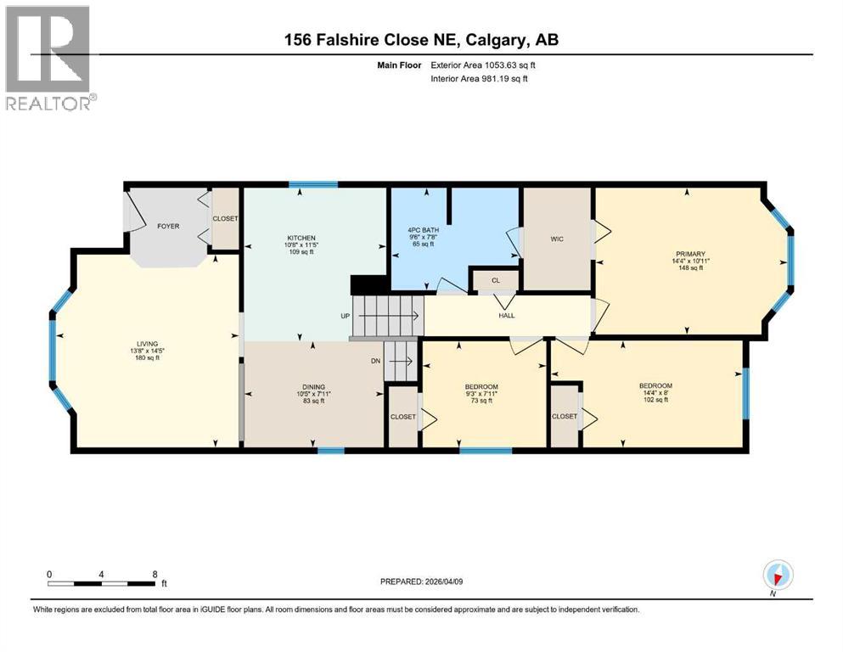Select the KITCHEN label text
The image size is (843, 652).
tap(301, 238)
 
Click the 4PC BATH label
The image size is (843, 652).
tap(422, 228)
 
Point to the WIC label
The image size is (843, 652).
tap(556, 239)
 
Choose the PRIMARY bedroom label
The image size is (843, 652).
tap(690, 253)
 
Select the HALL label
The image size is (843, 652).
tap(506, 315)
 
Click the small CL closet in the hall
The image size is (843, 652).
tap(494, 279)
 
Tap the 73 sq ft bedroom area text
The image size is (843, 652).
tap(481, 401)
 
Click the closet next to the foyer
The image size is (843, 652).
tap(225, 219)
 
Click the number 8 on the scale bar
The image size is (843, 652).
tap(154, 574)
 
